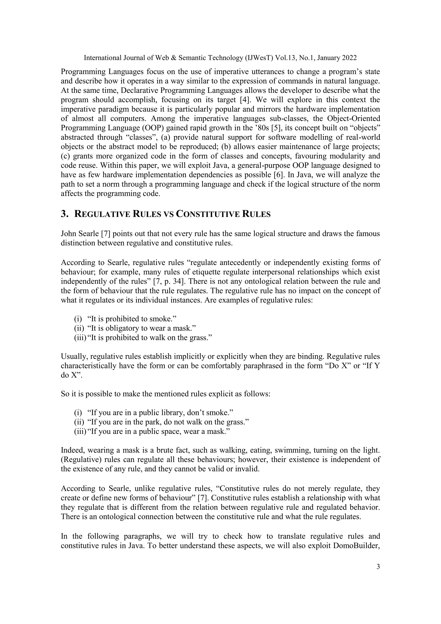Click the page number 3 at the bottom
(x=378, y=567)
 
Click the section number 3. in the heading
(x=64, y=214)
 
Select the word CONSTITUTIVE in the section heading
(x=208, y=214)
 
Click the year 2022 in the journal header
(x=349, y=58)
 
